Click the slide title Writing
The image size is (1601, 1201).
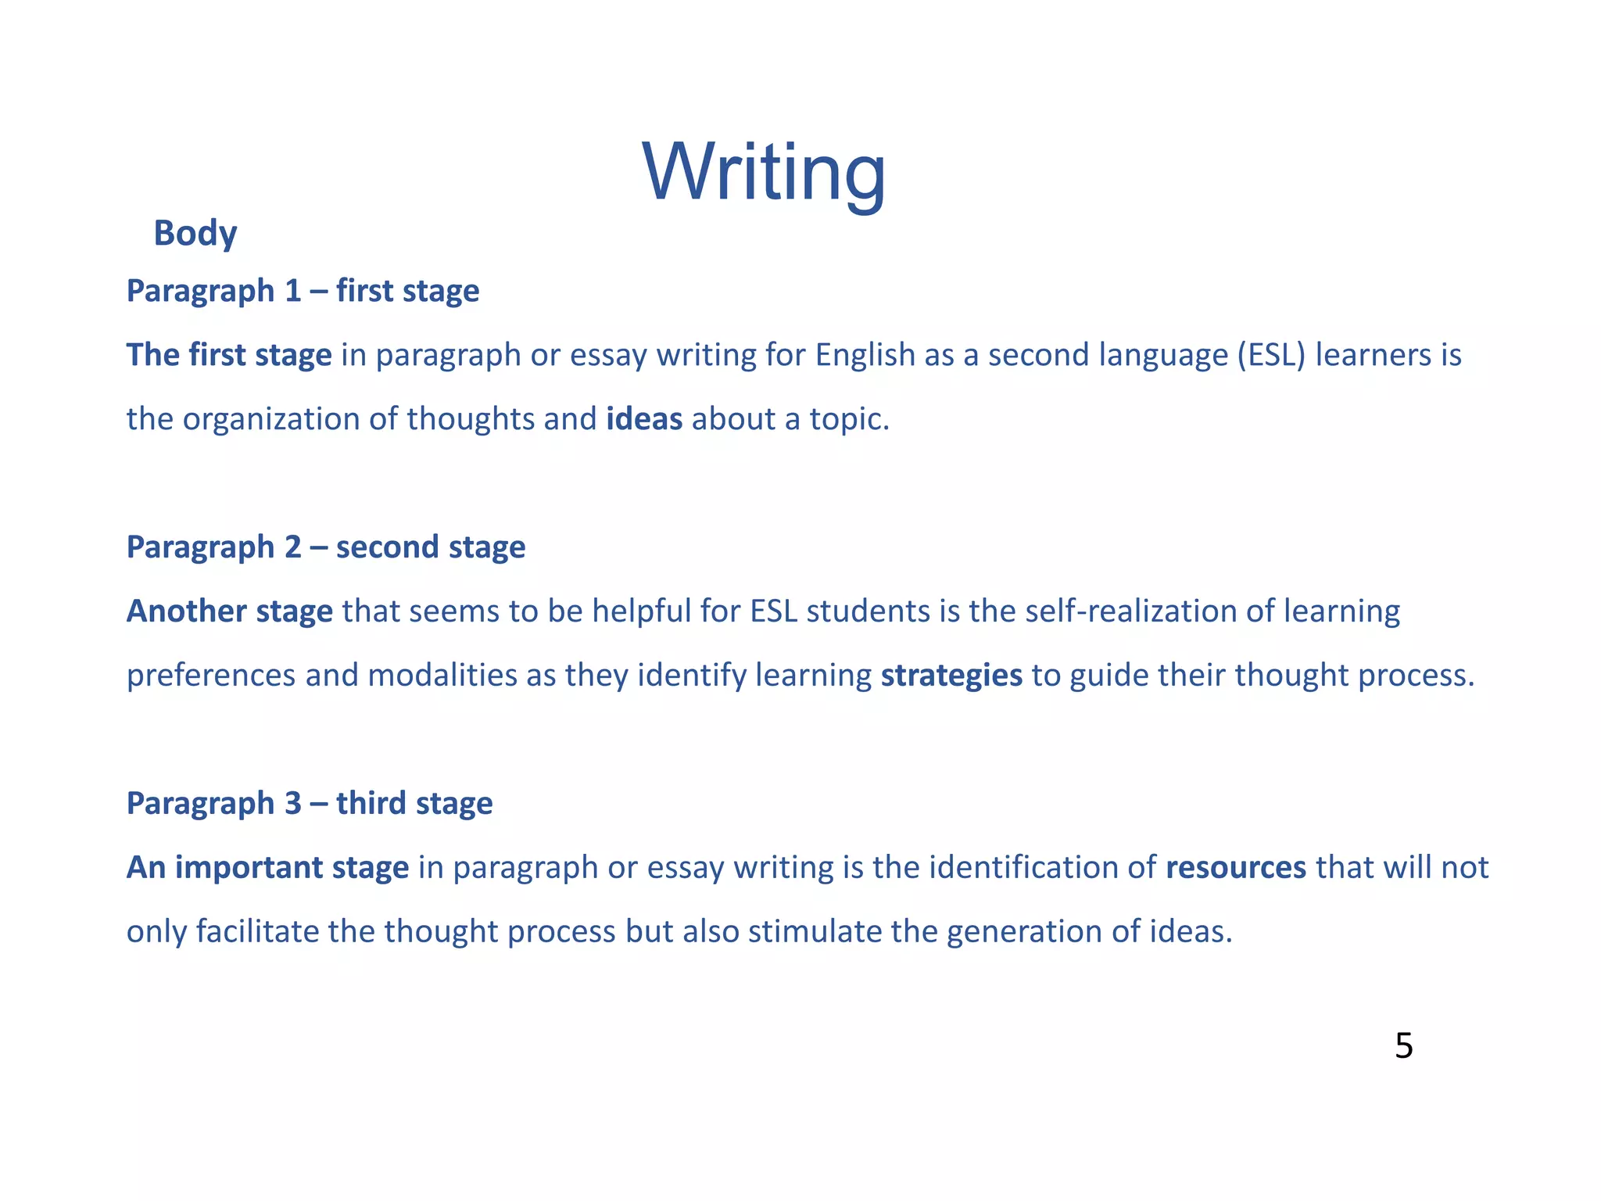coord(764,173)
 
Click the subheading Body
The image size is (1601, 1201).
coord(195,233)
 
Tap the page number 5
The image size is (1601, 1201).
coord(1403,1046)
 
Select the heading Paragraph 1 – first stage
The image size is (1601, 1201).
coord(303,291)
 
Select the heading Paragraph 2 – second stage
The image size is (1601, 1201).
coord(325,547)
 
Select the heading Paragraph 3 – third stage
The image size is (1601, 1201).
coord(310,804)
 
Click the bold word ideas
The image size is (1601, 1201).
coord(644,419)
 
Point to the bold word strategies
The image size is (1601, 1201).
coord(951,676)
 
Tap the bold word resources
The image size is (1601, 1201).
coord(1236,868)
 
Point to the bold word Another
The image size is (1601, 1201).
coord(186,611)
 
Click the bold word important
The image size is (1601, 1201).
coord(249,868)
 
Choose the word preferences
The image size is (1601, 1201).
coord(211,676)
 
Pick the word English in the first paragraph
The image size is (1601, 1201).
coord(865,355)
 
